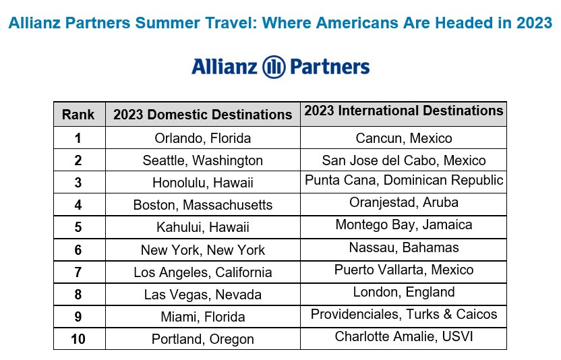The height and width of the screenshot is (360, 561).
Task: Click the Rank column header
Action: pos(78,115)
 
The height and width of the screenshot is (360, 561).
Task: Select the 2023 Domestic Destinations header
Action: pos(203,115)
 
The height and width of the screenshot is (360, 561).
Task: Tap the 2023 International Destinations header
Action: pos(404,111)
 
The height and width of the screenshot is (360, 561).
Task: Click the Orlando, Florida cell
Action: pos(203,138)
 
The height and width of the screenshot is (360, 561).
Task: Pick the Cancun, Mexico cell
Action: pos(404,138)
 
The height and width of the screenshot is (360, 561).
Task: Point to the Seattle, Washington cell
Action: pos(203,160)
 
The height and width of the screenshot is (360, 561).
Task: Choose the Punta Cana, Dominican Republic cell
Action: pos(404,180)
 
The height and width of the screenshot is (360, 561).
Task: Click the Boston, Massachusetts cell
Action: pos(203,205)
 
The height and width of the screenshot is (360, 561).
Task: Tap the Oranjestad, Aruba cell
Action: pos(404,202)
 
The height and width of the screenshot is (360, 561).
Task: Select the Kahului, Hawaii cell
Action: pos(203,227)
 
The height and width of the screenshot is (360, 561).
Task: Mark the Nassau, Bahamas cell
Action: pos(404,247)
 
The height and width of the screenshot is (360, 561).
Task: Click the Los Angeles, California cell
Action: pos(203,272)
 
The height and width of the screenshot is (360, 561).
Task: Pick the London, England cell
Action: pos(404,292)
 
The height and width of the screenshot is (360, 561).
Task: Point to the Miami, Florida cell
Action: pos(203,317)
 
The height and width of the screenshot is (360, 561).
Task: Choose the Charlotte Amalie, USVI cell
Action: pos(404,336)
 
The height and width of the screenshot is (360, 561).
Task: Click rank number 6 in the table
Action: pos(78,250)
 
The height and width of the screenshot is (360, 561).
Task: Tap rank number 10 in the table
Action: pos(78,339)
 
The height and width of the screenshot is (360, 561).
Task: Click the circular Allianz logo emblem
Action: pos(274,67)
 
